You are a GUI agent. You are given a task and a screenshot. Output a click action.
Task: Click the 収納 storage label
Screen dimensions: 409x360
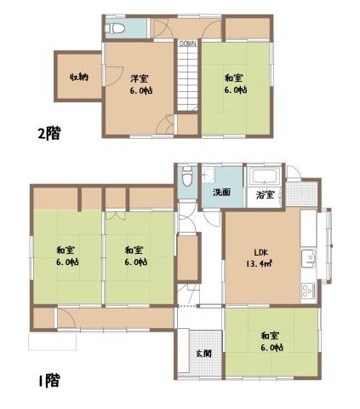point(78,78)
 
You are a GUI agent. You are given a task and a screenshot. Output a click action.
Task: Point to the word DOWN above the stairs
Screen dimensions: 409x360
point(187,44)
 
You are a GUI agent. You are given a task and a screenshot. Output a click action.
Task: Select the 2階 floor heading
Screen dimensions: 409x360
point(49,133)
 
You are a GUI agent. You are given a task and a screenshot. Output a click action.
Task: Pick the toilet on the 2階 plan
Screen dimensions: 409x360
point(117,29)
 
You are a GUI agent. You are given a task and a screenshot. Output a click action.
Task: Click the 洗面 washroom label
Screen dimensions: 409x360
point(221,192)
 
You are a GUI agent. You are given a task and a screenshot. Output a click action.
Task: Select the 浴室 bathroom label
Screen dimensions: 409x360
point(266,196)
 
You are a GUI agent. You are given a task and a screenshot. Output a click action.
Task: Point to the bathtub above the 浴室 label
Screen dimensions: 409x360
point(264,178)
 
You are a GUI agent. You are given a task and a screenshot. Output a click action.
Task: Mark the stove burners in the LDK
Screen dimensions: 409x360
point(307,290)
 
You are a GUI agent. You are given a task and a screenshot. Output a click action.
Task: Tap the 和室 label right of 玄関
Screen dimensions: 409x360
point(271,337)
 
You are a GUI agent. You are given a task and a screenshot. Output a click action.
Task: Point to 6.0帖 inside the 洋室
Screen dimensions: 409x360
point(140,89)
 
